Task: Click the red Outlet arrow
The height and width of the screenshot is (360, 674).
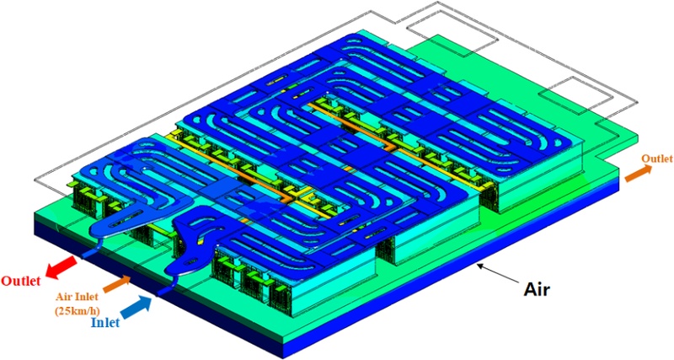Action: pos(61,266)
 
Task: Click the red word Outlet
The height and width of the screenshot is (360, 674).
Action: pos(21,282)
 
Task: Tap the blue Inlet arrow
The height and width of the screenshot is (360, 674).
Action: pos(136,308)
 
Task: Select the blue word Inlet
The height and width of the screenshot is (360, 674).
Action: pos(105,323)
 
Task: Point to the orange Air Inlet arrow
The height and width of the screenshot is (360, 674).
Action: pos(116,284)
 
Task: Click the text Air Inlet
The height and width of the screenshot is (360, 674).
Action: pos(77,297)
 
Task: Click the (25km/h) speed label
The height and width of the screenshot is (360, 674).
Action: pos(77,310)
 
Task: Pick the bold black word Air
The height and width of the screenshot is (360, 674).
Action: pos(537,290)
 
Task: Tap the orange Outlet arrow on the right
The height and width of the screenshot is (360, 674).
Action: pos(638,173)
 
